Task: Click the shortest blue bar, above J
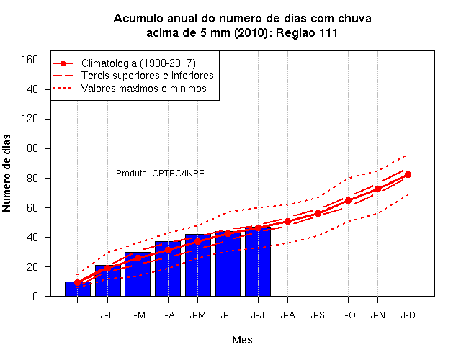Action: click(x=78, y=289)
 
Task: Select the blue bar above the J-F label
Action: click(x=108, y=281)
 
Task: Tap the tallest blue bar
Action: click(x=258, y=261)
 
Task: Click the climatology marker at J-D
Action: click(x=408, y=174)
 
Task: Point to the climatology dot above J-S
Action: click(x=318, y=213)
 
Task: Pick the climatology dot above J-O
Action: click(x=348, y=200)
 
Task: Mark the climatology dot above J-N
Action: click(x=377, y=189)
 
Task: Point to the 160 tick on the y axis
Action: click(x=30, y=60)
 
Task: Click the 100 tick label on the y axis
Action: click(x=30, y=148)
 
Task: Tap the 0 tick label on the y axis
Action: click(x=35, y=296)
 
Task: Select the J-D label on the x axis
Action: click(x=408, y=315)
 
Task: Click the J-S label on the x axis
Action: click(x=318, y=315)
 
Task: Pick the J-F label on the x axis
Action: click(x=107, y=315)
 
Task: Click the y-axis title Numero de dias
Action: click(x=6, y=173)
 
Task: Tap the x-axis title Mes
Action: click(x=242, y=340)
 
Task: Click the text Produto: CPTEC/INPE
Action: click(x=160, y=174)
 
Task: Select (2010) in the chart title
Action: click(x=251, y=32)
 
